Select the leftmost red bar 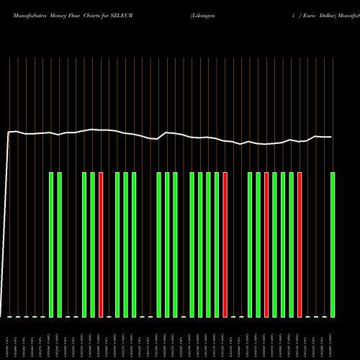click(x=101, y=244)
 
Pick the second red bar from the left click(x=225, y=244)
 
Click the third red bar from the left click(x=266, y=244)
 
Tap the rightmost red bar click(x=300, y=244)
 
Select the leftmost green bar click(x=51, y=244)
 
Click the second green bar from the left click(x=60, y=244)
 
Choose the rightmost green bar click(x=333, y=244)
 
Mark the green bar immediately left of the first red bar click(x=93, y=244)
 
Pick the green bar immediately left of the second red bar click(x=217, y=244)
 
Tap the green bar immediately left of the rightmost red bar click(x=292, y=244)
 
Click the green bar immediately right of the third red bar click(x=275, y=244)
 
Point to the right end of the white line click(x=331, y=137)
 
